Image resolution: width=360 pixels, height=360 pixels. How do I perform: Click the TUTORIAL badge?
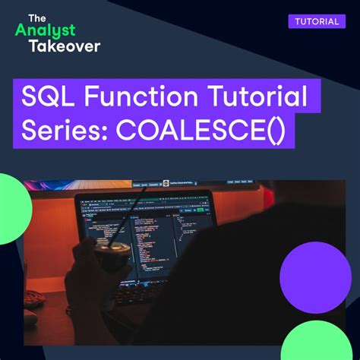[x=316, y=21]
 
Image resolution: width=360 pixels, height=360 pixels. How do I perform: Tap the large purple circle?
[x=315, y=277]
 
